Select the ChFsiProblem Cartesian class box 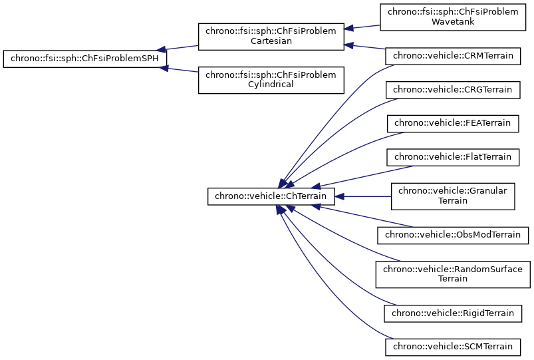click(x=271, y=37)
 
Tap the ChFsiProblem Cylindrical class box click(x=271, y=79)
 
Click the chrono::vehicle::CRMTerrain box click(x=452, y=56)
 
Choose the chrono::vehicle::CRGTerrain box click(x=452, y=89)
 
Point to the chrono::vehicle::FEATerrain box click(x=452, y=123)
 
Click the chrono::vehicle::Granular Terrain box click(x=452, y=196)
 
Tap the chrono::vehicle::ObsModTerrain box click(x=452, y=234)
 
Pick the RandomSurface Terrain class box click(x=452, y=273)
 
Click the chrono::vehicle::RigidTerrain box click(x=452, y=313)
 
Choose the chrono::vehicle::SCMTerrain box click(x=452, y=347)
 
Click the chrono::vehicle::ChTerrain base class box click(x=271, y=196)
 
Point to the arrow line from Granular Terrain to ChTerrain click(x=362, y=196)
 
